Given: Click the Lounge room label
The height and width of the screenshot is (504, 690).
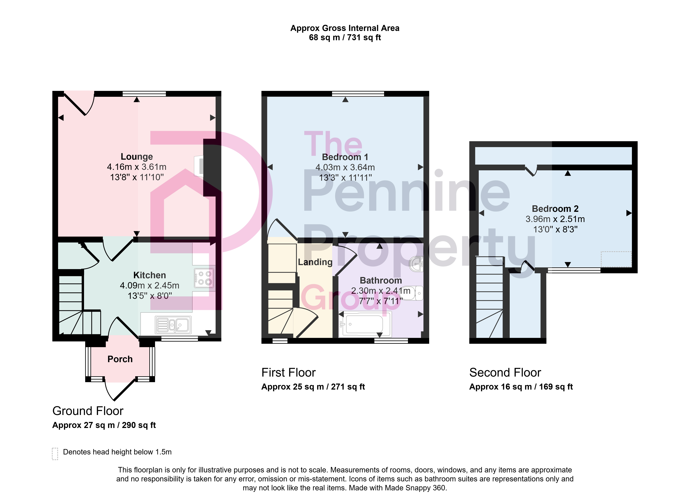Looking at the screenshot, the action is tap(137, 157).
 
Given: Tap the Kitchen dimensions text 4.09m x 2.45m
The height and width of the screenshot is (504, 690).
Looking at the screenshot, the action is tap(149, 286).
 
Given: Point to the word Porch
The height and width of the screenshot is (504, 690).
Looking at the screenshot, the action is tap(120, 359).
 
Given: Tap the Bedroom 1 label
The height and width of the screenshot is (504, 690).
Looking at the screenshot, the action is tap(345, 157).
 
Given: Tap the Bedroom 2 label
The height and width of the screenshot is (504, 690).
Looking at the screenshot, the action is tap(555, 209).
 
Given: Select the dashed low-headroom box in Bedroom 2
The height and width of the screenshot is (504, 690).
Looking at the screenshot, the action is tap(616, 259).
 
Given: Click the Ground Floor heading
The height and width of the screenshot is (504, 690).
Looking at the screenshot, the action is tap(88, 411).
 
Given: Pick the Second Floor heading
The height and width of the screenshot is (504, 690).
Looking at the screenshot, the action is tap(505, 373).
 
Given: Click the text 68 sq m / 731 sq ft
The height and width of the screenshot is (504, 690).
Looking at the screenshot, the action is tap(345, 37).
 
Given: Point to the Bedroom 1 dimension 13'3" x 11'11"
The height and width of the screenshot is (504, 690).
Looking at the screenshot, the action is tap(345, 178).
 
